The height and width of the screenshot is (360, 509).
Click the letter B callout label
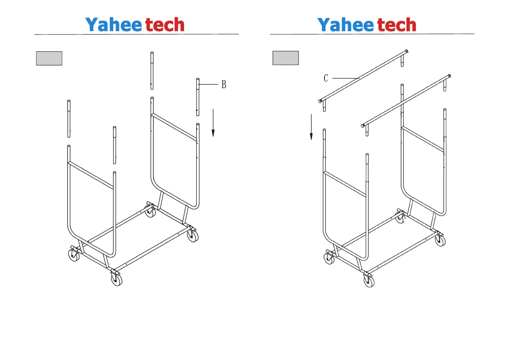tap(224, 84)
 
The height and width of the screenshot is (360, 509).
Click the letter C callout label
tap(326, 78)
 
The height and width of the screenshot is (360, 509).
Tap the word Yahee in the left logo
tap(114, 25)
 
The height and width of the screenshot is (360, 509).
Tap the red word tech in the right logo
tap(397, 25)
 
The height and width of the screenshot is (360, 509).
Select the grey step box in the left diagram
tap(49, 58)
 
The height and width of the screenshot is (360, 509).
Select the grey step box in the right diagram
tap(286, 58)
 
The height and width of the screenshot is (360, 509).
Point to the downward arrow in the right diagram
tap(311, 127)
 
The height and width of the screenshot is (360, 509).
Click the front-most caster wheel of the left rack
tap(116, 280)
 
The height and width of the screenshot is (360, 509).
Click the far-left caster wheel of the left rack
tap(74, 256)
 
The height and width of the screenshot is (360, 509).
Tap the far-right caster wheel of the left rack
tap(193, 236)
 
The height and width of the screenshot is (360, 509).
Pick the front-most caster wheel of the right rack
tap(369, 281)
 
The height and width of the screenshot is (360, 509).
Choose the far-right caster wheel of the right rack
tap(440, 241)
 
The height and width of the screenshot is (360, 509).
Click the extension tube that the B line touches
tap(198, 97)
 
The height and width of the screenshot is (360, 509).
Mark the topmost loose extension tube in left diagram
tap(152, 71)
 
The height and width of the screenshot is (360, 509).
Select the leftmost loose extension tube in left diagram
tap(69, 118)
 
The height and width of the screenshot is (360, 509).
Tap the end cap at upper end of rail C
tap(407, 51)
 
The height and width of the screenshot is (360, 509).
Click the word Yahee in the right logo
tap(346, 25)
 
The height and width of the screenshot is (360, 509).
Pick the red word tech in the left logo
tap(165, 25)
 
